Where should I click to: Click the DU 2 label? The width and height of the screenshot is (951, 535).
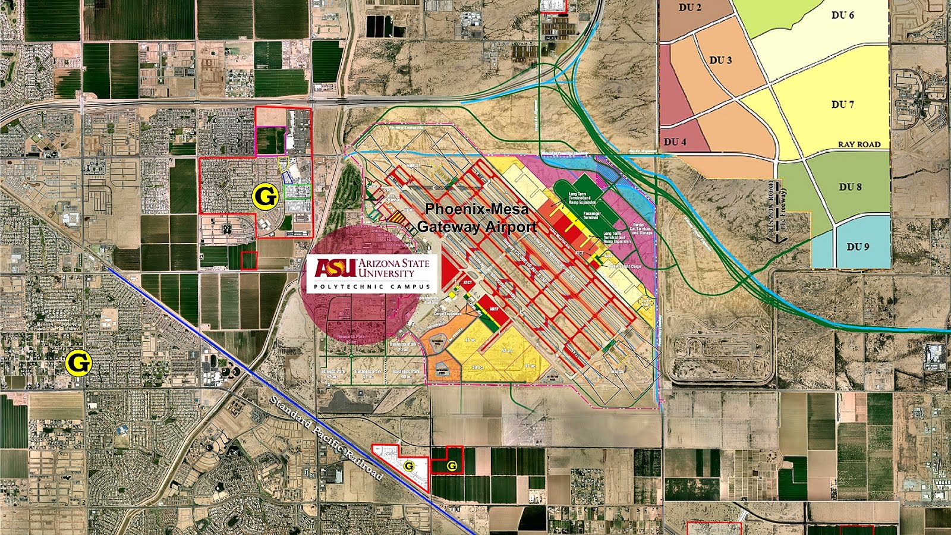click(690, 8)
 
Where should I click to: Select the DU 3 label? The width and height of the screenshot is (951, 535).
click(720, 60)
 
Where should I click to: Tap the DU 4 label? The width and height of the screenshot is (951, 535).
click(675, 142)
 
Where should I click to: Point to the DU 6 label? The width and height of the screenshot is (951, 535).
click(842, 15)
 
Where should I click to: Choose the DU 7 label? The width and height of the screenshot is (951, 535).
click(842, 105)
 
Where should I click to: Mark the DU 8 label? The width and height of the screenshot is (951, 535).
click(850, 187)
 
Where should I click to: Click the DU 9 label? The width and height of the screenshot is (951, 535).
click(858, 247)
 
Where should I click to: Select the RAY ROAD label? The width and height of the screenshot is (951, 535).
click(859, 144)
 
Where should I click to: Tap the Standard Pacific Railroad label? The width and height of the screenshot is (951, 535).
click(326, 438)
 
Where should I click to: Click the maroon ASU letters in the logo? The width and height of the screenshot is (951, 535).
click(335, 268)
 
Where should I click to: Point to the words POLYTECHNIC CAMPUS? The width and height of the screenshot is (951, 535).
click(372, 287)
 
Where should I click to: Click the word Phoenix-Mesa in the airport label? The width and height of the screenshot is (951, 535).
click(477, 209)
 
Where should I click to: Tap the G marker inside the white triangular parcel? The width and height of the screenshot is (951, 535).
click(409, 466)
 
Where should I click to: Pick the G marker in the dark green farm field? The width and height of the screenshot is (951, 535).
click(452, 466)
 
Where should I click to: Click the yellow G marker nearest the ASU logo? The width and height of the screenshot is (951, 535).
click(265, 196)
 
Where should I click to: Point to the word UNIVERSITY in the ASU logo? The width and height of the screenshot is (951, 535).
click(386, 273)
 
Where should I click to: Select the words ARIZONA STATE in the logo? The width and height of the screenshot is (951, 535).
click(393, 263)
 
